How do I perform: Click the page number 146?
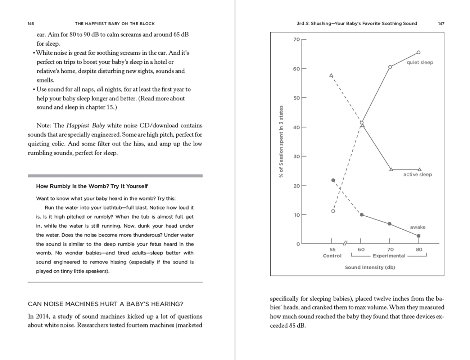click(x=31, y=23)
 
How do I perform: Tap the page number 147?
click(x=441, y=23)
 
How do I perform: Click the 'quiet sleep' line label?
click(x=420, y=62)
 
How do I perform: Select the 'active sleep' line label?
click(x=417, y=175)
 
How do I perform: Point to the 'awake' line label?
click(x=417, y=227)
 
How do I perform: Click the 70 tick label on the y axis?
click(x=297, y=39)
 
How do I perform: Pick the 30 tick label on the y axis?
click(x=297, y=157)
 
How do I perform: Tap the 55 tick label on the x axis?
click(x=333, y=249)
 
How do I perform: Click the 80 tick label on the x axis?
click(x=419, y=249)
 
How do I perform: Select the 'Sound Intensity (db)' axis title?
click(x=370, y=267)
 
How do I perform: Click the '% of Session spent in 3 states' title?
click(x=281, y=141)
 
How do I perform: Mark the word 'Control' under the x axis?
click(x=332, y=256)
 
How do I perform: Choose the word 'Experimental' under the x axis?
click(x=389, y=256)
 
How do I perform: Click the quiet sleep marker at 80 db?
click(x=419, y=53)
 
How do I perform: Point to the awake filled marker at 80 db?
click(x=419, y=236)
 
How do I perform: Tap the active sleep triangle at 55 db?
click(x=331, y=75)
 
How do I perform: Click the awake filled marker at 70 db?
click(x=389, y=224)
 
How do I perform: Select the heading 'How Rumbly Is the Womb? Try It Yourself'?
click(x=92, y=186)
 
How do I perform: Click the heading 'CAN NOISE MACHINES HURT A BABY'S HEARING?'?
click(x=105, y=304)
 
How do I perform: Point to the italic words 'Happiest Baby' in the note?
click(x=86, y=126)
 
